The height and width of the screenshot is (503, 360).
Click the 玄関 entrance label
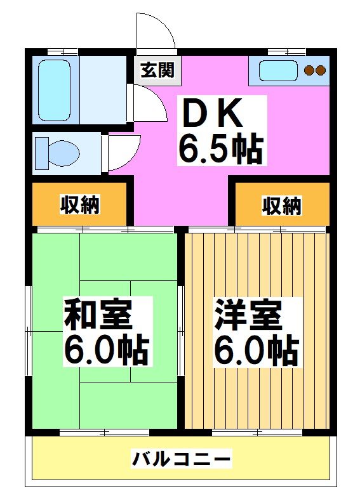(157, 70)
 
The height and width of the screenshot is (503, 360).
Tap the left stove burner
(309, 70)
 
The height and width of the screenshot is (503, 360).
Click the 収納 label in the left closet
(80, 205)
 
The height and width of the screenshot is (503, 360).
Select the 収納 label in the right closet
(282, 205)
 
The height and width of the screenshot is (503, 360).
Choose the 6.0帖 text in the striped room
(256, 348)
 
